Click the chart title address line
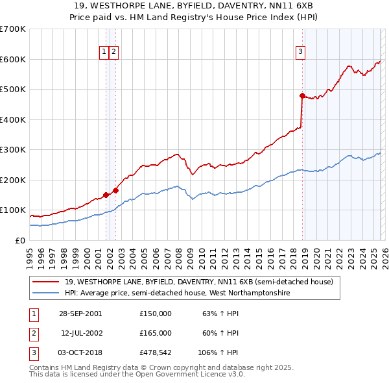[194, 6]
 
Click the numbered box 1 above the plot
[104, 53]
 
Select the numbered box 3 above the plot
[301, 53]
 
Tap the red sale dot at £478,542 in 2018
[302, 95]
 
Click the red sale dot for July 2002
[115, 190]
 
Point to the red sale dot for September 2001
[106, 195]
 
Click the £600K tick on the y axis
[13, 59]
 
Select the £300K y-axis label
[13, 149]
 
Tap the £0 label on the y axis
[19, 240]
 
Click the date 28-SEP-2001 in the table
[80, 314]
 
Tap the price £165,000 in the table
[156, 333]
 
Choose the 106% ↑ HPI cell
[219, 352]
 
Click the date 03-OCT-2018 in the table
[80, 352]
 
